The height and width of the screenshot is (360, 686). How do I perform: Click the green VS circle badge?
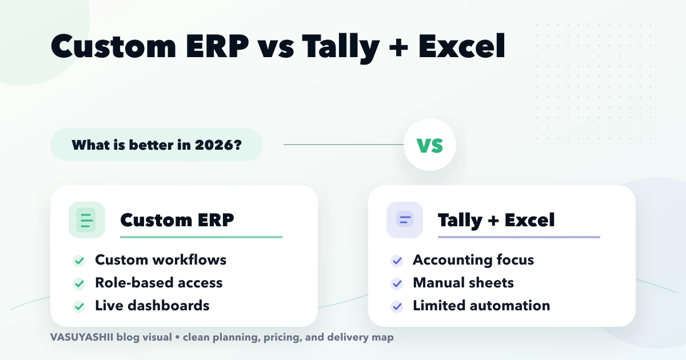[x=430, y=145]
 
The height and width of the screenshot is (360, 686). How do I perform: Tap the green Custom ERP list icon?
[x=86, y=220]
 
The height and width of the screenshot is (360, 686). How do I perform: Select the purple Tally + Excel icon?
[x=404, y=220]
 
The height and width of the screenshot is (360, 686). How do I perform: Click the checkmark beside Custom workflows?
[x=79, y=261]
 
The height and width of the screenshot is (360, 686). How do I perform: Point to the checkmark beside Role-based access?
[x=79, y=283]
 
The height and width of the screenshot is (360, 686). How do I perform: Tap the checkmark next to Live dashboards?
[x=79, y=306]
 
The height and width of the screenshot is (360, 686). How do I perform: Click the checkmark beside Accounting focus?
[x=397, y=261]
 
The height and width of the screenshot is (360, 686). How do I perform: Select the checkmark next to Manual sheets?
[x=397, y=283]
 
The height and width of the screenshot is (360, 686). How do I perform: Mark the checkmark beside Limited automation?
[x=397, y=306]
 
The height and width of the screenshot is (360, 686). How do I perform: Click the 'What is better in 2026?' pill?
[x=156, y=145]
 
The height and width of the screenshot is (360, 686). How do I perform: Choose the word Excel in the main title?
[x=462, y=47]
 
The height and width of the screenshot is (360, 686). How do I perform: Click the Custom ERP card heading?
[x=177, y=220]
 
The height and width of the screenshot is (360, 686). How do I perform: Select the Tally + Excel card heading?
[x=496, y=220]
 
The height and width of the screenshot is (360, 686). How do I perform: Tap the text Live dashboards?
[x=152, y=306]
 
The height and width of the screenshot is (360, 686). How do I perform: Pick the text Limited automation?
[x=481, y=306]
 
